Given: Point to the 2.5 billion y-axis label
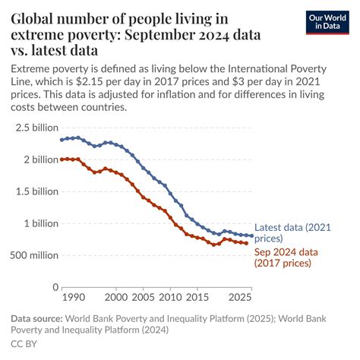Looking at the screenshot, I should pyautogui.click(x=33, y=128).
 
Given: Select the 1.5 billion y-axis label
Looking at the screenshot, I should pyautogui.click(x=33, y=191).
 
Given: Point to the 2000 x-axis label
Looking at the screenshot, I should pyautogui.click(x=116, y=298).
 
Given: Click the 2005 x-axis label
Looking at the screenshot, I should pyautogui.click(x=144, y=298).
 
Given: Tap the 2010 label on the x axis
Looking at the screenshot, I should pyautogui.click(x=170, y=298).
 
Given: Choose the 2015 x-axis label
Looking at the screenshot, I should pyautogui.click(x=197, y=298).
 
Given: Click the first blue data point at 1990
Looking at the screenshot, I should pyautogui.click(x=62, y=140).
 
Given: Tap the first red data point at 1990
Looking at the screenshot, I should pyautogui.click(x=62, y=159).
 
